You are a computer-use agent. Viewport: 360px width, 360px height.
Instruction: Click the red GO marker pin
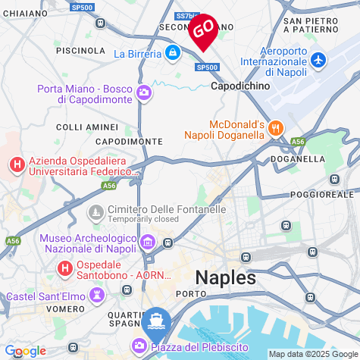[203, 31]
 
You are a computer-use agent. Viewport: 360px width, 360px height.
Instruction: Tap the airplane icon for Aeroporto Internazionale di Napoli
[318, 59]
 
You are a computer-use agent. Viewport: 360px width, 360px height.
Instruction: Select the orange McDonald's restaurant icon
[276, 128]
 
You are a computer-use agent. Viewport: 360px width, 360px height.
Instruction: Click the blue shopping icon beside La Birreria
[174, 53]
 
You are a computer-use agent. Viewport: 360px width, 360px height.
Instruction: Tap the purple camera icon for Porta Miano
[144, 93]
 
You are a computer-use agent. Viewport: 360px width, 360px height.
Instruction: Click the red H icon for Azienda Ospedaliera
[16, 164]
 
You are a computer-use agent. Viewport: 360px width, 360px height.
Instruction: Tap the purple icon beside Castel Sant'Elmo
[97, 296]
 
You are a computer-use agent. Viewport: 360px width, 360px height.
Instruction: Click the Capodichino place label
[239, 86]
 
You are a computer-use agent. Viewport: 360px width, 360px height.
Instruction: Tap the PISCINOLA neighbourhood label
[81, 50]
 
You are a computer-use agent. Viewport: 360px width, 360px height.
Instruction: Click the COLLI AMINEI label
[88, 127]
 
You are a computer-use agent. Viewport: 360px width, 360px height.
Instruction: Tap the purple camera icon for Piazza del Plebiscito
[139, 346]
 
